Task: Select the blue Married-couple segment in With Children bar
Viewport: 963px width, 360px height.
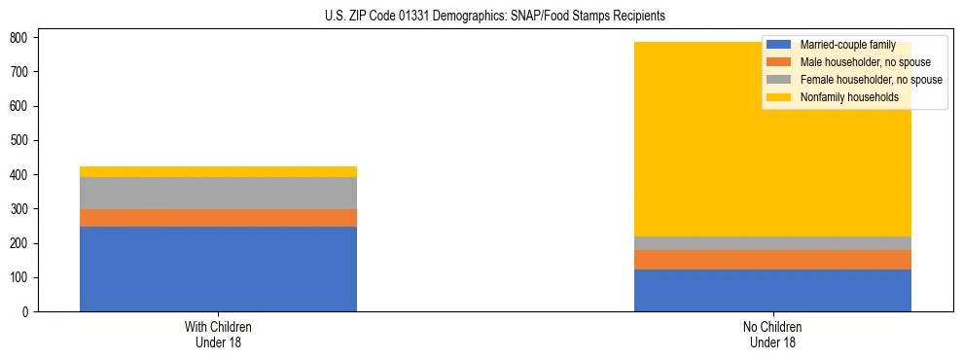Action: pyautogui.click(x=218, y=269)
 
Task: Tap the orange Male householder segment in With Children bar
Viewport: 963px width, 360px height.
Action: pyautogui.click(x=218, y=218)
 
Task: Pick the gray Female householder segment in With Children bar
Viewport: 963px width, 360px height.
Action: pyautogui.click(x=218, y=193)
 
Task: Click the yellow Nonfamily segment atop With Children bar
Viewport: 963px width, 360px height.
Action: pyautogui.click(x=218, y=171)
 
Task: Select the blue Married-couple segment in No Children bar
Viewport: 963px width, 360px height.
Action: pyautogui.click(x=772, y=290)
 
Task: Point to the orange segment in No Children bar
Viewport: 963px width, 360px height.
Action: pyautogui.click(x=772, y=260)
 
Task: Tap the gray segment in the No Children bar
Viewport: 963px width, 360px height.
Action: pyautogui.click(x=772, y=243)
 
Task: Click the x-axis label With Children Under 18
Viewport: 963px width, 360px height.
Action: pyautogui.click(x=218, y=334)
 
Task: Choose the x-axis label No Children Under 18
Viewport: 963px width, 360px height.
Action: pyautogui.click(x=772, y=334)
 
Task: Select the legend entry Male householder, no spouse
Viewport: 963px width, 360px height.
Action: pyautogui.click(x=865, y=62)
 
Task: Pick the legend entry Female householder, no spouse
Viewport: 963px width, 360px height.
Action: pyautogui.click(x=871, y=80)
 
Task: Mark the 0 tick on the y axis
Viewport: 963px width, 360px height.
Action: pyautogui.click(x=30, y=312)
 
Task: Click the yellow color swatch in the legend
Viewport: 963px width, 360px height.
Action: pyautogui.click(x=779, y=97)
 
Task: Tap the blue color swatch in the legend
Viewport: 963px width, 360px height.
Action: pyautogui.click(x=779, y=45)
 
